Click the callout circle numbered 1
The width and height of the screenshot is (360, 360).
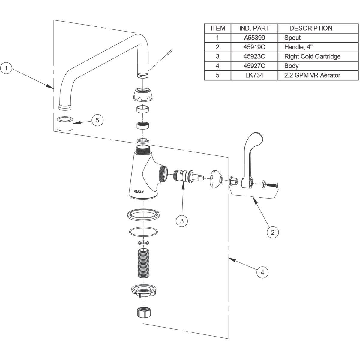pos(6,68)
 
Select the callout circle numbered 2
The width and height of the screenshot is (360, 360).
pos(273,232)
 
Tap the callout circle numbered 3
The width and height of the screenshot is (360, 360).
pos(182,221)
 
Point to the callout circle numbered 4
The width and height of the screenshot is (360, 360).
pos(262,272)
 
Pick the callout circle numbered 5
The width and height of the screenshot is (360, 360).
pos(97,120)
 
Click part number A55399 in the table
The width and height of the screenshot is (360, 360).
pos(254,38)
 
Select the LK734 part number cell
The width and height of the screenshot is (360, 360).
pos(254,75)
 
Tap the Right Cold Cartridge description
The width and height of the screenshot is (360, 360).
pos(312,57)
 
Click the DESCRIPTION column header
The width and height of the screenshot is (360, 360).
pos(311,28)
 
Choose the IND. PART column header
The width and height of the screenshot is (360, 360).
pos(254,28)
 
